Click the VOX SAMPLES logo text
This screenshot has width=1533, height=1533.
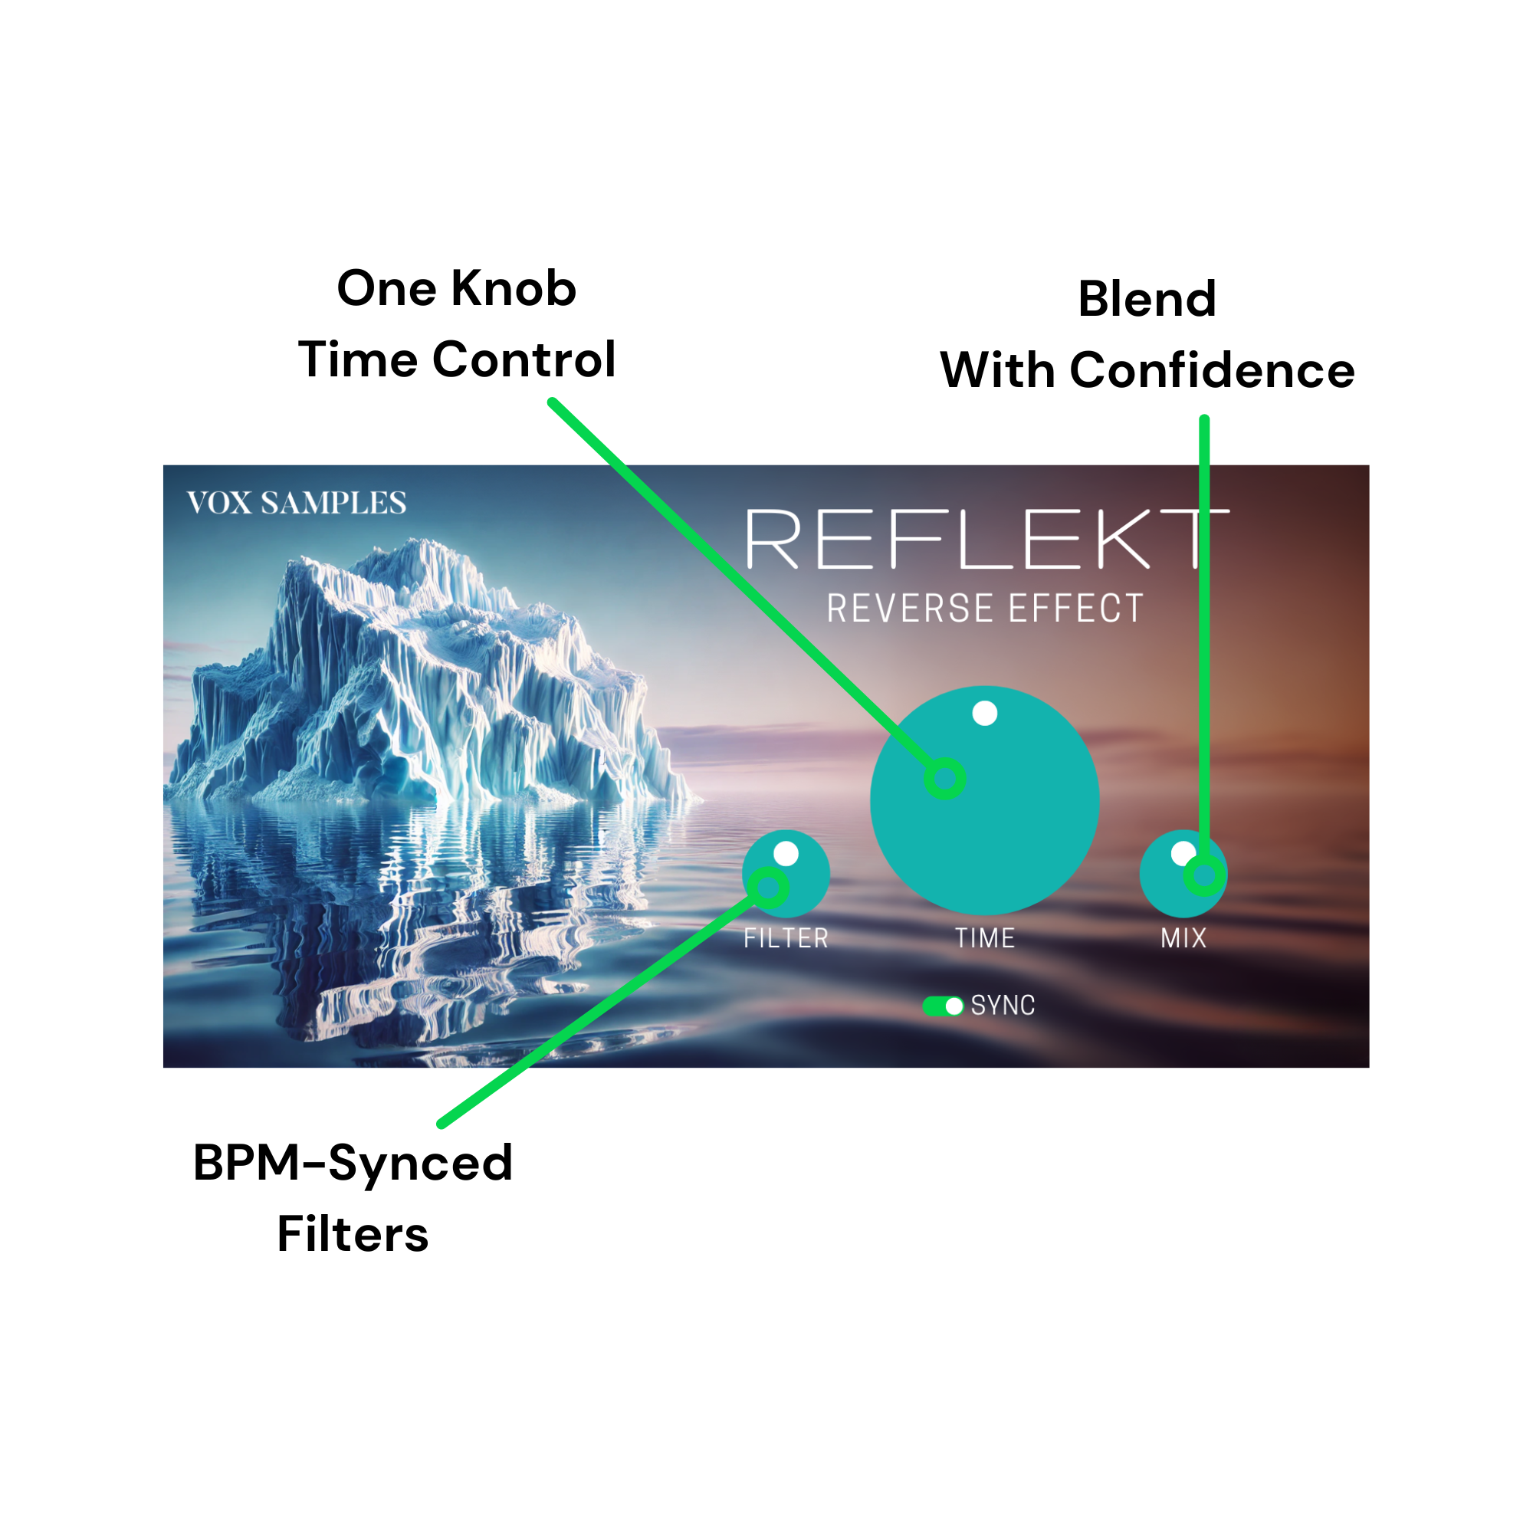pyautogui.click(x=296, y=502)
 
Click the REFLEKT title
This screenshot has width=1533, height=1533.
pyautogui.click(x=987, y=539)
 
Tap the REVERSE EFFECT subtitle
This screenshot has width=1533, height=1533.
pyautogui.click(x=985, y=609)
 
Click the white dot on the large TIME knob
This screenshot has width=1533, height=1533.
pyautogui.click(x=985, y=714)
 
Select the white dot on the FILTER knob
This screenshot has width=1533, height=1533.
pyautogui.click(x=786, y=854)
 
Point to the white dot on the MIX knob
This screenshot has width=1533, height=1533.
pyautogui.click(x=1182, y=854)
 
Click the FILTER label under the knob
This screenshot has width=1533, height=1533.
pyautogui.click(x=786, y=939)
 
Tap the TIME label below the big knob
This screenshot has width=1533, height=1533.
pyautogui.click(x=985, y=939)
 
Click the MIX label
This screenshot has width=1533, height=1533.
pyautogui.click(x=1183, y=939)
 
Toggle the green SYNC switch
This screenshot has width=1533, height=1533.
pyautogui.click(x=943, y=1006)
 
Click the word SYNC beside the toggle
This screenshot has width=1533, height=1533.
pyautogui.click(x=1003, y=1006)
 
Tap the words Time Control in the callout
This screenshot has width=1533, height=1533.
pyautogui.click(x=457, y=359)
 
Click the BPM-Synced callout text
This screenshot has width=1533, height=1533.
pyautogui.click(x=353, y=1164)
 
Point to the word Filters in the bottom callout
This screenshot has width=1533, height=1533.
pyautogui.click(x=353, y=1235)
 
